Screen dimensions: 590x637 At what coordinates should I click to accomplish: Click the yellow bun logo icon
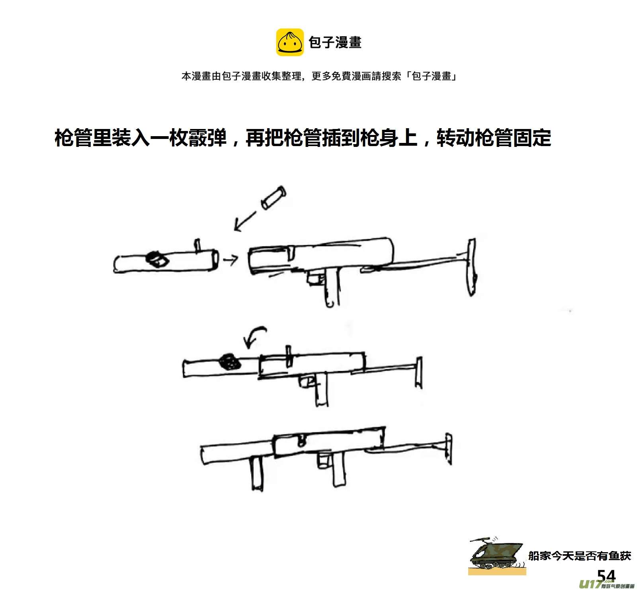point(290,42)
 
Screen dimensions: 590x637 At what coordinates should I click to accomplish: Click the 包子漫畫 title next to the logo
point(335,42)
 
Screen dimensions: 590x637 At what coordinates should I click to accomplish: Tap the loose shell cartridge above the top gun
point(274,197)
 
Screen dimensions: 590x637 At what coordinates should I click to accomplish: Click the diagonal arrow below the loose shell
point(244,221)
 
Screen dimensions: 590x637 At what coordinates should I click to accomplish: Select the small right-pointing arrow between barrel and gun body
point(231,260)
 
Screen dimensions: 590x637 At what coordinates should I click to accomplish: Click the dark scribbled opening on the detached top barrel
point(157,259)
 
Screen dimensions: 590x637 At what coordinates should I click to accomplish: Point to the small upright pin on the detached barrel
point(197,245)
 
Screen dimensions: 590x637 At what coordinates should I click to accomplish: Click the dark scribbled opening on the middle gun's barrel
point(230,361)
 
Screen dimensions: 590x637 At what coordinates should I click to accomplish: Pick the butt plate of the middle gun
point(418,372)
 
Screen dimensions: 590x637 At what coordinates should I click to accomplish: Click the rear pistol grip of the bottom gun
point(339,470)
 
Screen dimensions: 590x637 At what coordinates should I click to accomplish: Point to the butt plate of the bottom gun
point(449,449)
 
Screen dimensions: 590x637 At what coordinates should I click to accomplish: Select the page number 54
point(606,576)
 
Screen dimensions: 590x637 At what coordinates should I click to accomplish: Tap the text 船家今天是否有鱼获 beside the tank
point(579,556)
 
